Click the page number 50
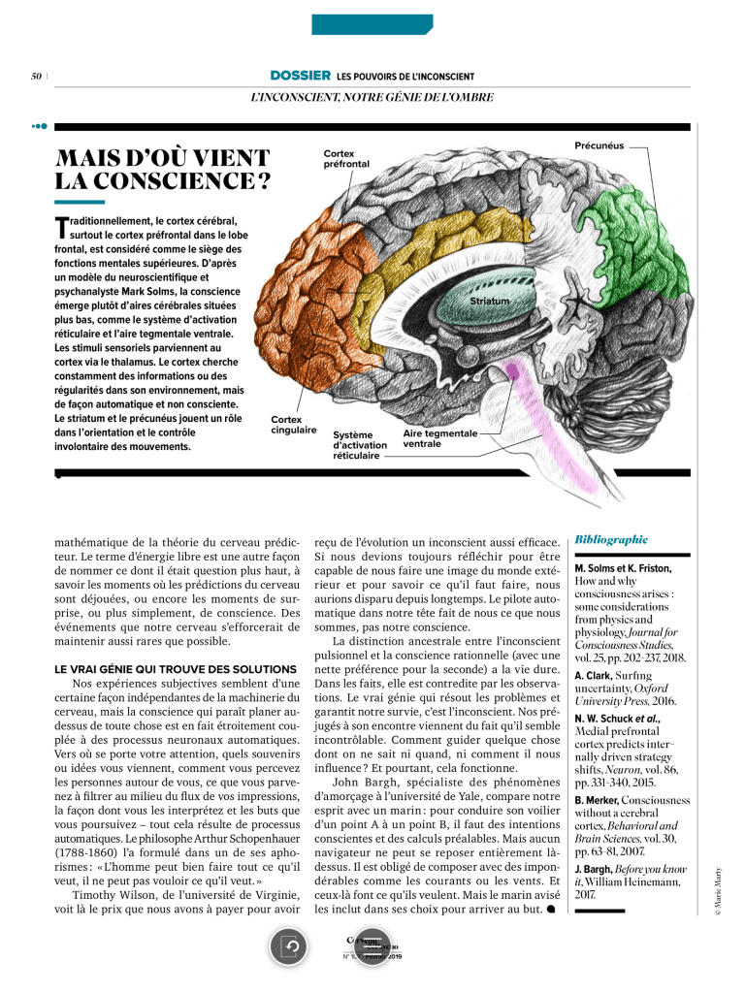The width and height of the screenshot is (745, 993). tap(35, 76)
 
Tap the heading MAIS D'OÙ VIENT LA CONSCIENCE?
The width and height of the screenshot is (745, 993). tap(163, 169)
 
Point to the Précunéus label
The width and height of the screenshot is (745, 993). tap(598, 146)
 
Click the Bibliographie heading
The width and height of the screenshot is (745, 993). tap(611, 538)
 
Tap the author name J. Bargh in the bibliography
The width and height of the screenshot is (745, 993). tap(594, 867)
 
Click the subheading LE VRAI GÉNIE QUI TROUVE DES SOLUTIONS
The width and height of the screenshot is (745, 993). tap(175, 670)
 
